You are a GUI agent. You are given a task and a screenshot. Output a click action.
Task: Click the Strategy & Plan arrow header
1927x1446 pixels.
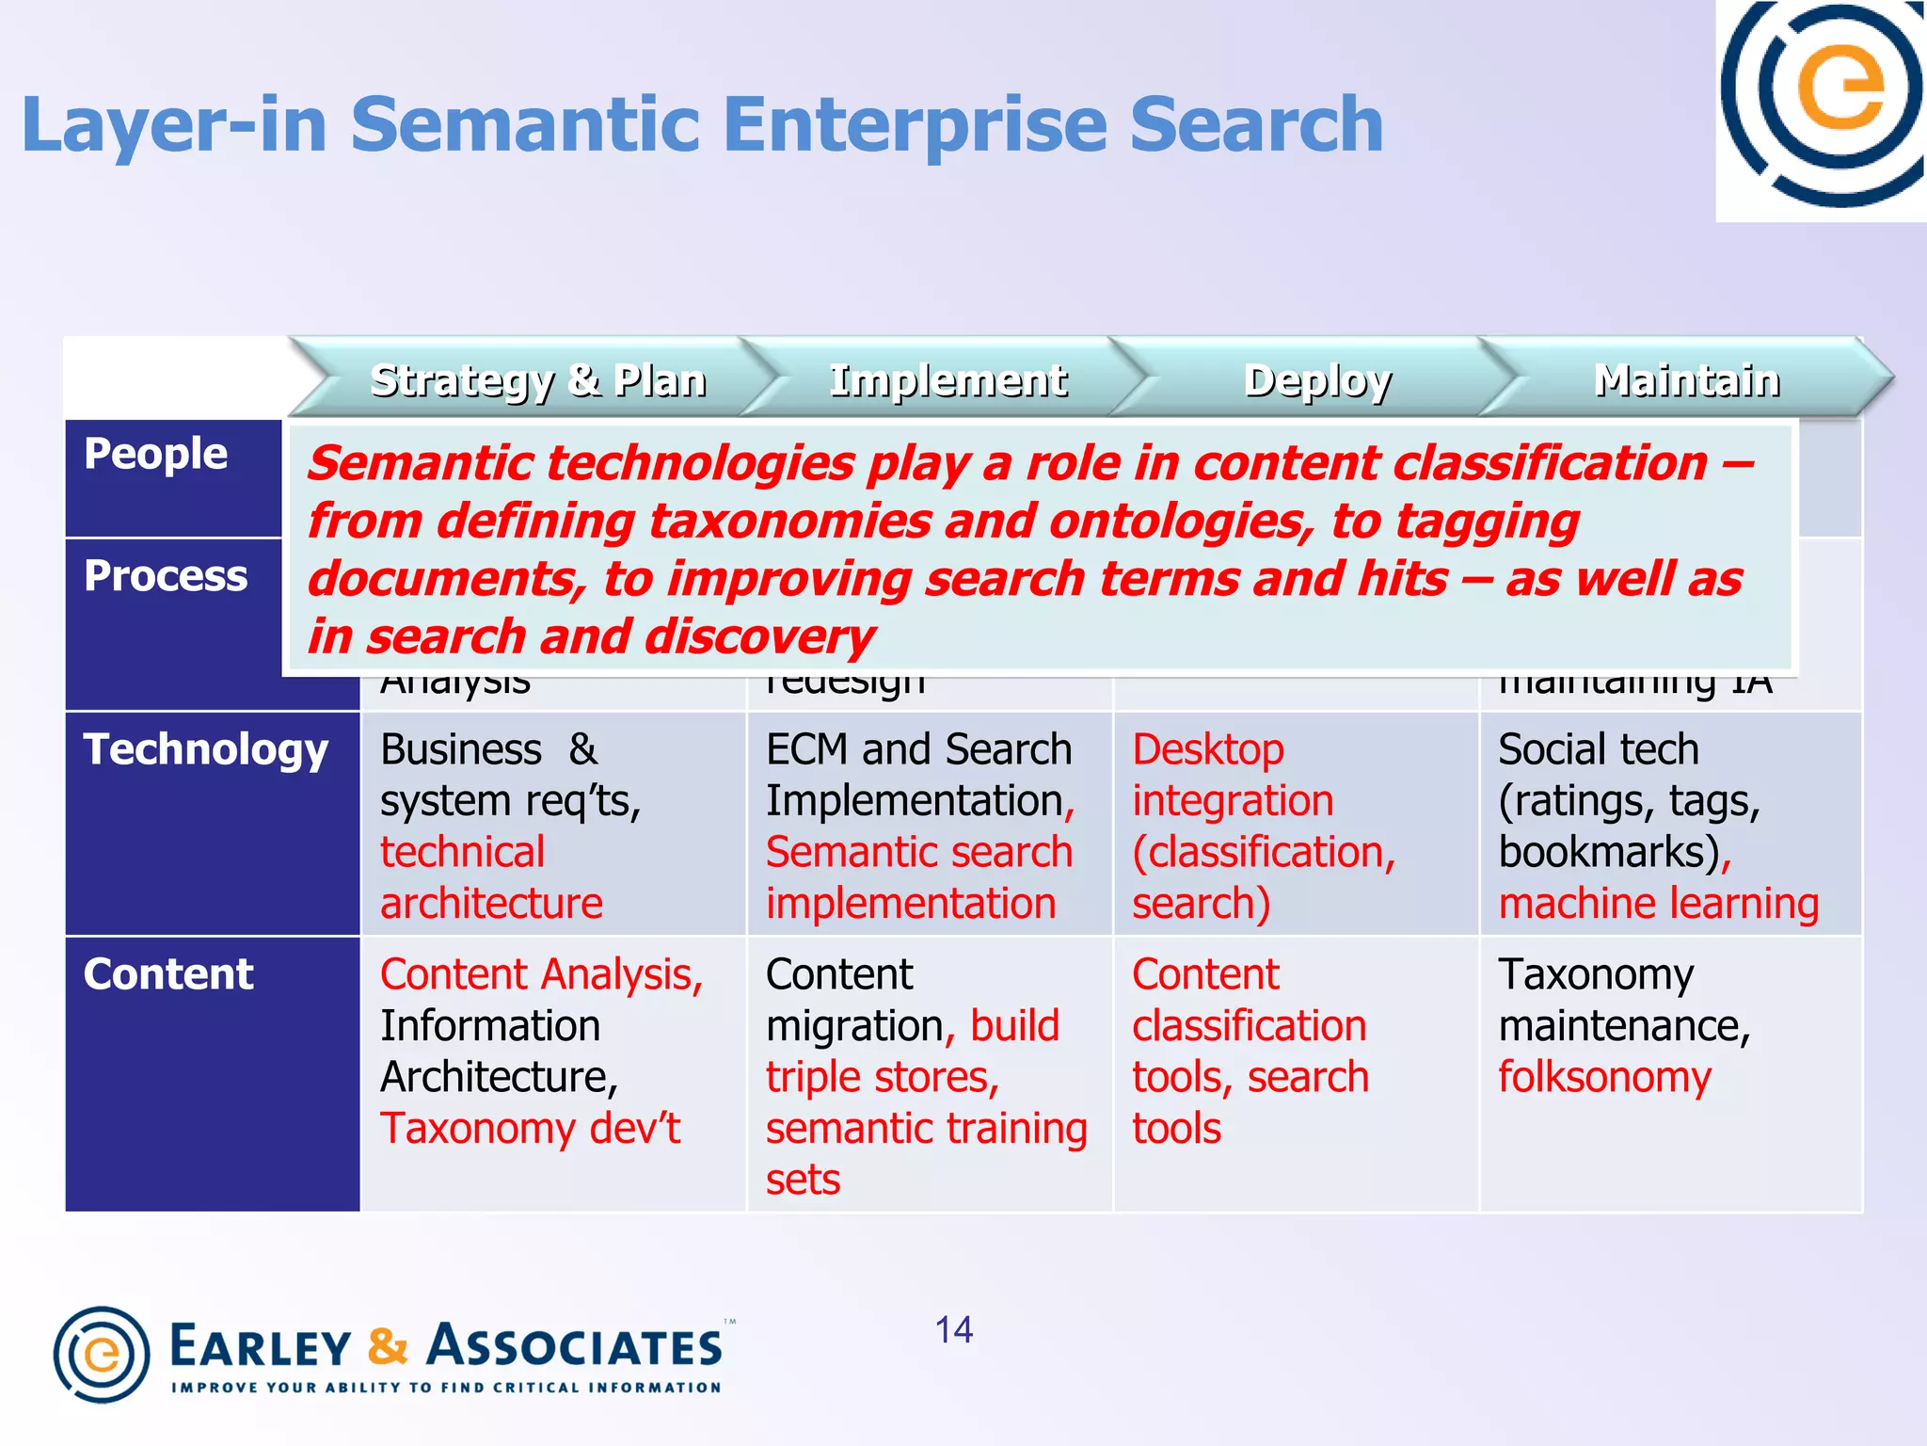tap(537, 380)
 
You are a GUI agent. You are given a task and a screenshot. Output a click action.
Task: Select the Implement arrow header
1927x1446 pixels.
tap(947, 380)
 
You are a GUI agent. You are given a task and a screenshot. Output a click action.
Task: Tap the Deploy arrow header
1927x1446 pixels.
tap(1316, 380)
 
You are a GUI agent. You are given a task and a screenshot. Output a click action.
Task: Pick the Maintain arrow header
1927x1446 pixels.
tap(1686, 380)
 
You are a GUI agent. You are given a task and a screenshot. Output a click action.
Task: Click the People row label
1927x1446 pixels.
tap(155, 454)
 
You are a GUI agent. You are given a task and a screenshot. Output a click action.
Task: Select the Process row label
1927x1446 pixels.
tap(166, 575)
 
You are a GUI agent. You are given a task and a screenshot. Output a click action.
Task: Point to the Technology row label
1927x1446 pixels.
tap(205, 749)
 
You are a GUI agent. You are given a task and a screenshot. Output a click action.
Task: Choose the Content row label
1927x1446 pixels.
tap(168, 974)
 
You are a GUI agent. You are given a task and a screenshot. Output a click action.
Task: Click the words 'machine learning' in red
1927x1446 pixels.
tap(1658, 904)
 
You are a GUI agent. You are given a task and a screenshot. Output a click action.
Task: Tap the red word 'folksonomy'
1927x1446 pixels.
tap(1604, 1077)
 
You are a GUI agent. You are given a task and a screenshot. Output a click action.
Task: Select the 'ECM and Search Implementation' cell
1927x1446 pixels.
tap(919, 775)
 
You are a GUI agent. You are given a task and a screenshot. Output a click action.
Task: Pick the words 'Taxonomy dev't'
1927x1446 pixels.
tap(530, 1129)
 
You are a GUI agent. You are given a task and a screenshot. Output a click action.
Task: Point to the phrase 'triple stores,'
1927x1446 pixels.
tap(882, 1077)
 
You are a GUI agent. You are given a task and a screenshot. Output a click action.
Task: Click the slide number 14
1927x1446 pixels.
tap(953, 1330)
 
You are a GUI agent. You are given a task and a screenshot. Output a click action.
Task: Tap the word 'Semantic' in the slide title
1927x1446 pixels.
tap(524, 124)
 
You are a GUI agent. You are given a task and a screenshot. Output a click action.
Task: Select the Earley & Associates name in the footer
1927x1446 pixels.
tap(446, 1345)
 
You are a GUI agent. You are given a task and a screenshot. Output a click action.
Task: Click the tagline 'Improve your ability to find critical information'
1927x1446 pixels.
tap(446, 1388)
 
